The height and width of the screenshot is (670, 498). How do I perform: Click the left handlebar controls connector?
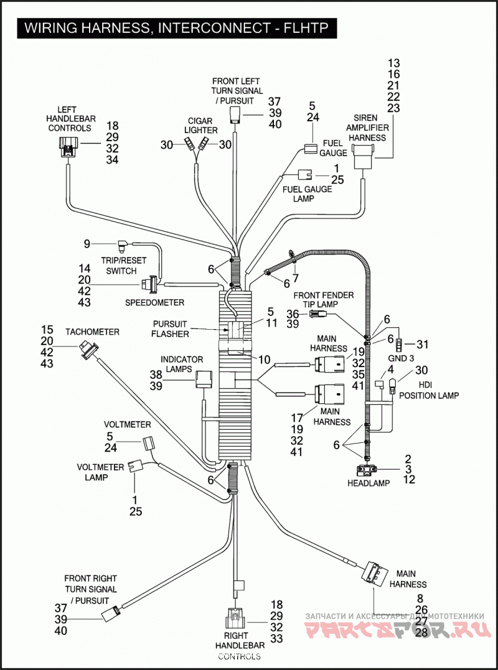pyautogui.click(x=67, y=147)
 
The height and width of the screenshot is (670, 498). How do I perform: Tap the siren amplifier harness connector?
pyautogui.click(x=363, y=156)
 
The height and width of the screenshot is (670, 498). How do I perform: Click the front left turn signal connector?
pyautogui.click(x=235, y=115)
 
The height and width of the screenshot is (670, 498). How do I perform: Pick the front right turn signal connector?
pyautogui.click(x=111, y=613)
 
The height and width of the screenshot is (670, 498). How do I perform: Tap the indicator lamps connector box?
pyautogui.click(x=204, y=379)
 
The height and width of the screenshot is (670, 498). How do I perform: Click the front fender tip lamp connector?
pyautogui.click(x=319, y=314)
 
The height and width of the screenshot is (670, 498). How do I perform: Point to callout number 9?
pyautogui.click(x=87, y=244)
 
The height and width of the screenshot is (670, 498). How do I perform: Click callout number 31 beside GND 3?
pyautogui.click(x=422, y=344)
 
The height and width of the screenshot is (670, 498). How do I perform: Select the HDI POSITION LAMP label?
pyautogui.click(x=429, y=390)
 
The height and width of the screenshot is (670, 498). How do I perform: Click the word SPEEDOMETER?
pyautogui.click(x=155, y=302)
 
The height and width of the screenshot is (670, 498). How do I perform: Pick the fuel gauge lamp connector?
pyautogui.click(x=305, y=175)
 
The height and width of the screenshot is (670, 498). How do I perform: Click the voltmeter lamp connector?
pyautogui.click(x=135, y=466)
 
